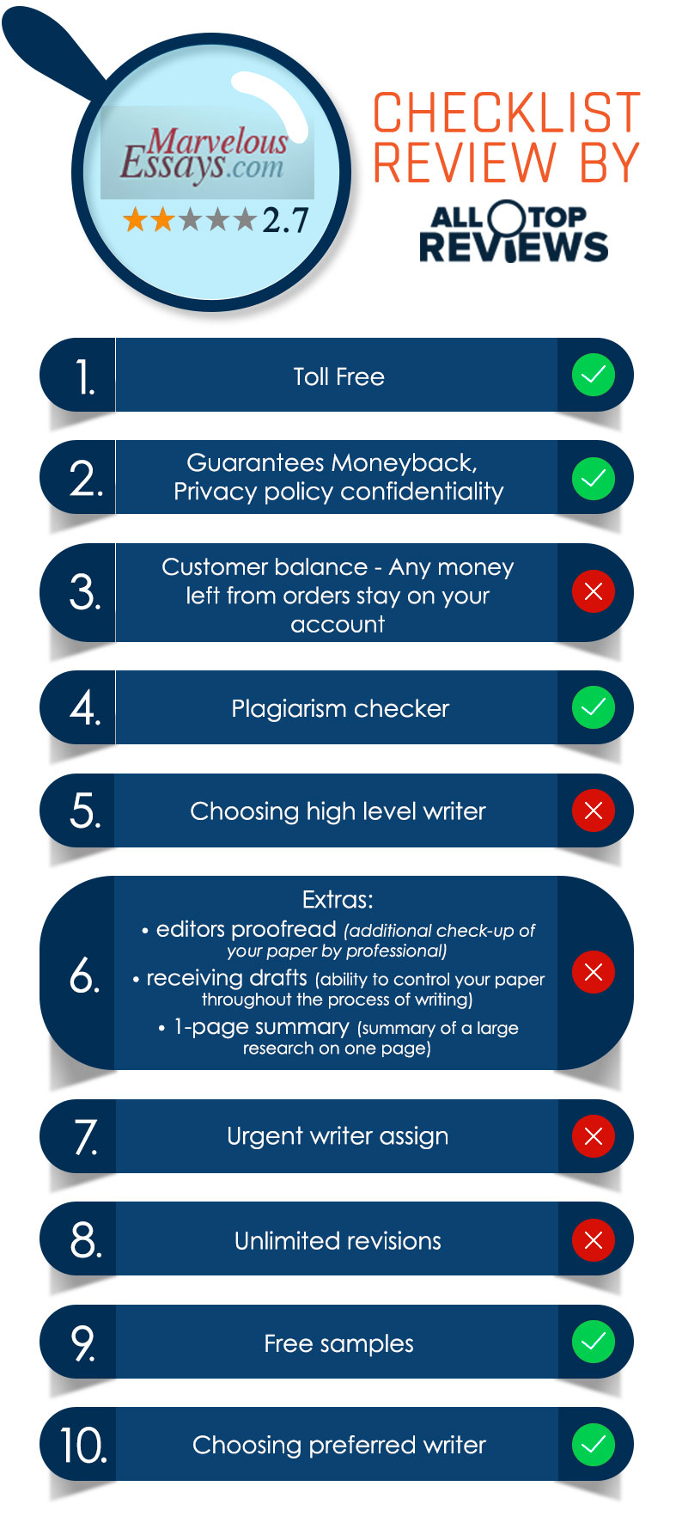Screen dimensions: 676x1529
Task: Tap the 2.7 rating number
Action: (x=285, y=220)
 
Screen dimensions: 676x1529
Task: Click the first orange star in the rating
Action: (x=135, y=220)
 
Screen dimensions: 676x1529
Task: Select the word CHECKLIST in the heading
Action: (x=507, y=113)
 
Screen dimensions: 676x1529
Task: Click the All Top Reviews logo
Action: (x=513, y=231)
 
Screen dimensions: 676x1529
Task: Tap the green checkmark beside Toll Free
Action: (x=594, y=375)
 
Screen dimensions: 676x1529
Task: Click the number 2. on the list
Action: (x=86, y=478)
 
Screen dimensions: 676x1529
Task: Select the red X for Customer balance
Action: (x=594, y=591)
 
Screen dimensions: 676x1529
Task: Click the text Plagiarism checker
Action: (x=340, y=708)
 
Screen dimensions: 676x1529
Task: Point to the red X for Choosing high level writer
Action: (x=594, y=810)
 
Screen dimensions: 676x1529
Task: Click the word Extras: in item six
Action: (x=338, y=900)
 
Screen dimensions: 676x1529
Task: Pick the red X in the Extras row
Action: (x=594, y=972)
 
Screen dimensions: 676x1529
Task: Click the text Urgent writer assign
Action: (x=338, y=1136)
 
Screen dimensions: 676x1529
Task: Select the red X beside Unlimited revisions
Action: (x=594, y=1239)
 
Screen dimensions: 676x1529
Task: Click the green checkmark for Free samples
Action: (x=594, y=1342)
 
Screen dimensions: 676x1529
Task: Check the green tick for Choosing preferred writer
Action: (x=594, y=1444)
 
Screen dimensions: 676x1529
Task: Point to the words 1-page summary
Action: (x=261, y=1027)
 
